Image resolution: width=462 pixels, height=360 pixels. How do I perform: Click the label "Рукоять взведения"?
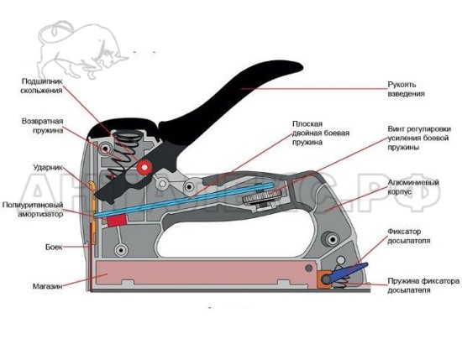pos(406,89)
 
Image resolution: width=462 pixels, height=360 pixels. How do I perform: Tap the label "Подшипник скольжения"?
pos(41,86)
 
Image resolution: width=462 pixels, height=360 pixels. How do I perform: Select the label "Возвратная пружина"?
pos(43,126)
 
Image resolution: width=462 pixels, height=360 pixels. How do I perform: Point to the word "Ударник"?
pos(48,168)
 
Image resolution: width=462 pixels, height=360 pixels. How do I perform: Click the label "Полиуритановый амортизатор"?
pos(33,209)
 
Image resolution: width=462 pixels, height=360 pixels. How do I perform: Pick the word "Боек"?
pos(54,247)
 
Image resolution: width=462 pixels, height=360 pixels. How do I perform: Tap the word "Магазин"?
pos(47,286)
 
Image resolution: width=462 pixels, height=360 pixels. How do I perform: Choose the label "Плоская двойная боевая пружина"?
pos(321,133)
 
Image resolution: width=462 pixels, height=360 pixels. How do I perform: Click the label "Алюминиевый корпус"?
pos(413,187)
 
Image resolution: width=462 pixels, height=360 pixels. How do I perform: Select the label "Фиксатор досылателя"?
pos(408,236)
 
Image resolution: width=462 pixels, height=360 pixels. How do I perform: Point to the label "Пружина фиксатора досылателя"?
pos(423,285)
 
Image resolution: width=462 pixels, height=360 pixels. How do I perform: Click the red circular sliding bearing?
pos(144,168)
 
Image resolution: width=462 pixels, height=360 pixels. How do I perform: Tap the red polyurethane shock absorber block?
pos(117,221)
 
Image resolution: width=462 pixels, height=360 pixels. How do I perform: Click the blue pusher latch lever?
pos(348,272)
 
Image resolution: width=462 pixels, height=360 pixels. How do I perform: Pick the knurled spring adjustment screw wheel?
pos(262,196)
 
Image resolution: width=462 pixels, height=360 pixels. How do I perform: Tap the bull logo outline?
pos(80,50)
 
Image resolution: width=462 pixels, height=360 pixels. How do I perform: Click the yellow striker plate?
pos(92,212)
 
